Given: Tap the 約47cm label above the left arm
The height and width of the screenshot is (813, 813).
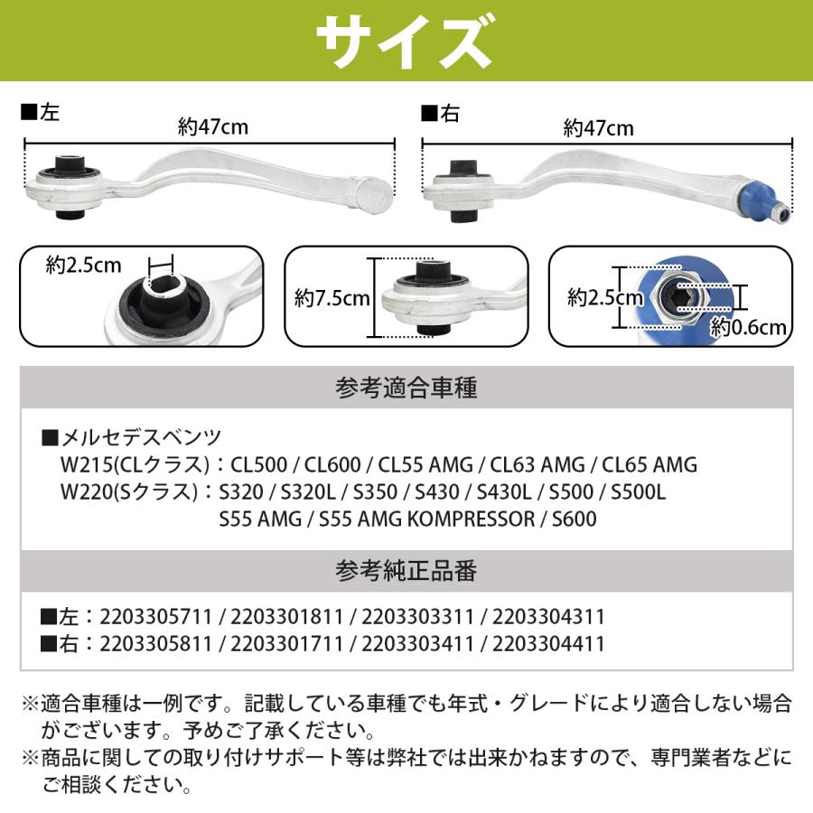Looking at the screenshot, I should (x=212, y=127).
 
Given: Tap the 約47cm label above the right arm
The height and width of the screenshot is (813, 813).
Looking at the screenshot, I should (x=598, y=127).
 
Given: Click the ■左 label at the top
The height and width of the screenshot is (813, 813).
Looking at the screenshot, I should (x=41, y=113).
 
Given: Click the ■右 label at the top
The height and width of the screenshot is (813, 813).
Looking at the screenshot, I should (x=442, y=113).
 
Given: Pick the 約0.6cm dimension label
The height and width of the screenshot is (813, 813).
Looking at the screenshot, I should (x=748, y=327).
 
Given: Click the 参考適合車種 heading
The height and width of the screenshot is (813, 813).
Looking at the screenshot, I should (x=406, y=389).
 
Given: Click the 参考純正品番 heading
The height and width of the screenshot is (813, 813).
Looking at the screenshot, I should (x=406, y=571).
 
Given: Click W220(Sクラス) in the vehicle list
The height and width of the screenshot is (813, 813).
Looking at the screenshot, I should (x=127, y=493).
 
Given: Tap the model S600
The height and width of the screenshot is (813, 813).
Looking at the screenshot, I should (x=572, y=519).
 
